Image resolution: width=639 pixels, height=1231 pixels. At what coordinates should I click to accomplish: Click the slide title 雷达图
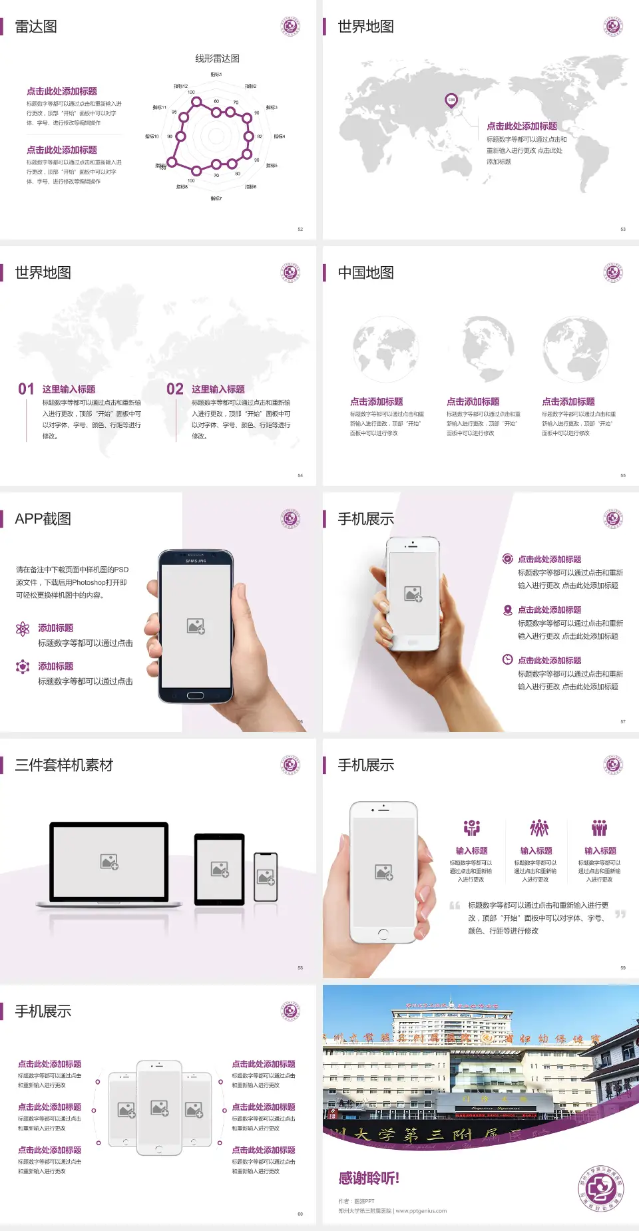(36, 27)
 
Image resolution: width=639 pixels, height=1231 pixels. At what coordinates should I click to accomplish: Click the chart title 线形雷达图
(217, 59)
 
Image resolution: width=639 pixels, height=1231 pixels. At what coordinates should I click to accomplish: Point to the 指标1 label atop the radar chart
(216, 75)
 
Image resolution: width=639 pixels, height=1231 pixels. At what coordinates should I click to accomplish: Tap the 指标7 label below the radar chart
(216, 198)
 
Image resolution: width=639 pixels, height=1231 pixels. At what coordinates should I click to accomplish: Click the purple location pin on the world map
(451, 100)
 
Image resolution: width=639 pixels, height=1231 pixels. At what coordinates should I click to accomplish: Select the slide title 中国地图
(365, 273)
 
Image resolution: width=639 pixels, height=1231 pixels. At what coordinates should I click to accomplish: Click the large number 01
(26, 389)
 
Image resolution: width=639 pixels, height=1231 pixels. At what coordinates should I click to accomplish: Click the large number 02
(175, 389)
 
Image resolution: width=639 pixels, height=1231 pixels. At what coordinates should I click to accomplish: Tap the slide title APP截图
(43, 519)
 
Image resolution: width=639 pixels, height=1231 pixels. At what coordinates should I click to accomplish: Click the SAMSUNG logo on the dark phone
(196, 561)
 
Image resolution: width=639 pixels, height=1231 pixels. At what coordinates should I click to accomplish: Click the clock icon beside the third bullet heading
(507, 659)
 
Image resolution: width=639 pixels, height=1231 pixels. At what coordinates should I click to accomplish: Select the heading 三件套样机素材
(64, 765)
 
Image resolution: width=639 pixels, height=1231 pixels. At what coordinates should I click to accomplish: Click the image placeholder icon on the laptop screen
(109, 862)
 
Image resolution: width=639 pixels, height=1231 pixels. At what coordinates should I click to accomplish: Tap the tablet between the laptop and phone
(220, 868)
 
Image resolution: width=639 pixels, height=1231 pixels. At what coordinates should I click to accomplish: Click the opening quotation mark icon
(455, 906)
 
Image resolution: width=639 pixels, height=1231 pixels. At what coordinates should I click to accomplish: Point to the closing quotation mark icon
(620, 914)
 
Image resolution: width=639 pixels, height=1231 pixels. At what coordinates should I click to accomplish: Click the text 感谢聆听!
(369, 1178)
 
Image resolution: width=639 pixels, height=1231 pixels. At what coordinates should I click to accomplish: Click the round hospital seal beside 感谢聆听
(600, 1188)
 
